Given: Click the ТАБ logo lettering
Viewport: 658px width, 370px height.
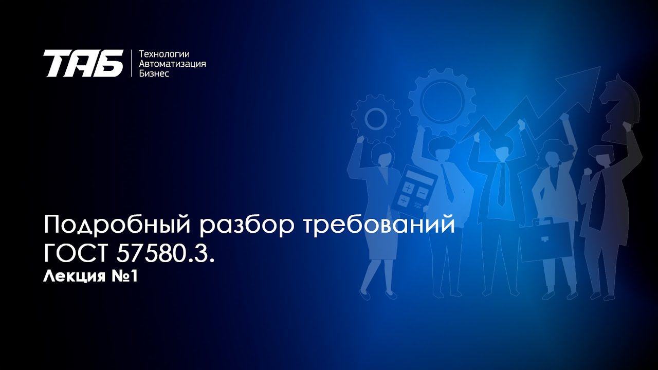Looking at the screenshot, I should pyautogui.click(x=83, y=63).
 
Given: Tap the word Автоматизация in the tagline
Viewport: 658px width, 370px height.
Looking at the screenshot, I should pyautogui.click(x=173, y=64).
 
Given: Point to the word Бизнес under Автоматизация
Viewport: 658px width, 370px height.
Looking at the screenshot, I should pyautogui.click(x=154, y=73).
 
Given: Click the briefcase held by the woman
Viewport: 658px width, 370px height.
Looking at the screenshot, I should pyautogui.click(x=546, y=239).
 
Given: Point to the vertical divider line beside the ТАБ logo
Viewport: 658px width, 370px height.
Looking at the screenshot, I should pyautogui.click(x=132, y=63).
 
